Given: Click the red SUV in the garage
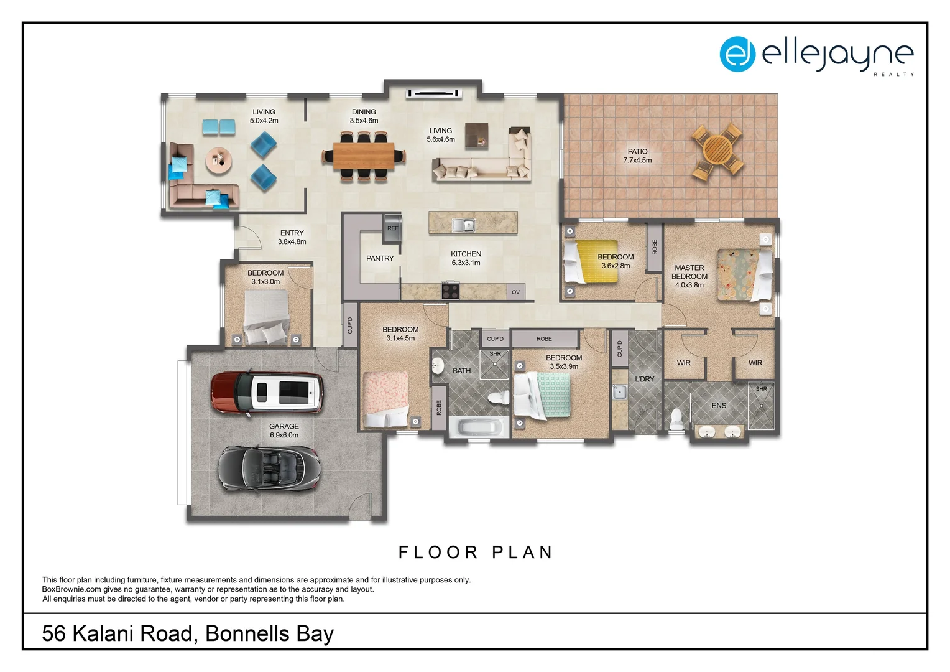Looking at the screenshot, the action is (267, 393).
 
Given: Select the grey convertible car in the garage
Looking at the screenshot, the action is (269, 469).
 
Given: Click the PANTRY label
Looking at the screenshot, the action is (380, 258).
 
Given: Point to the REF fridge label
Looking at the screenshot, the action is (393, 228).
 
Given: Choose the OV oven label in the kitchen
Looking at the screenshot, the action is (515, 292).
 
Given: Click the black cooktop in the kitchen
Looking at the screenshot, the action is (450, 291).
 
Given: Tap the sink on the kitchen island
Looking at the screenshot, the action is (464, 225).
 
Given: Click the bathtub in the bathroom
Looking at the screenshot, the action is (479, 427).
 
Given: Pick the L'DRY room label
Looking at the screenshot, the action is (644, 379).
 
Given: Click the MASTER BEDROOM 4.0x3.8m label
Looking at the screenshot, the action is (689, 276).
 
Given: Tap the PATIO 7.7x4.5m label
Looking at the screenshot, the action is (637, 156).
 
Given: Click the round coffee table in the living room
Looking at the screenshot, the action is (219, 161).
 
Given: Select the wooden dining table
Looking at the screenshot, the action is (364, 156).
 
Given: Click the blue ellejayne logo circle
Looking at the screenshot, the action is (737, 54).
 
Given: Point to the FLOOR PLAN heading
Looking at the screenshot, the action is (476, 553).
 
